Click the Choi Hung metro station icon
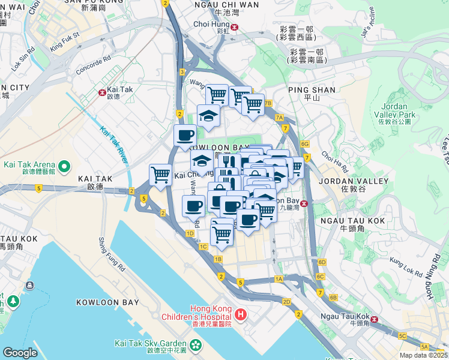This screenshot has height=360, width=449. click(x=235, y=26)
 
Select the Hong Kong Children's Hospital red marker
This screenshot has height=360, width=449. click(x=240, y=313)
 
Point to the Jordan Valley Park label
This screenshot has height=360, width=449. click(x=399, y=110)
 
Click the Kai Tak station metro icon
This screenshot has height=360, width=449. click(x=102, y=93)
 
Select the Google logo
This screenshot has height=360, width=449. click(x=20, y=352)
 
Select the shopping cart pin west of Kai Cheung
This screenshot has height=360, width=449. click(x=160, y=175)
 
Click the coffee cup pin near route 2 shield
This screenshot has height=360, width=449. click(x=185, y=135)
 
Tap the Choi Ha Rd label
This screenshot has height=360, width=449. click(x=335, y=158)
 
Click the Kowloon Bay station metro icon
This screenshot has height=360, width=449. click(x=305, y=203)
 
